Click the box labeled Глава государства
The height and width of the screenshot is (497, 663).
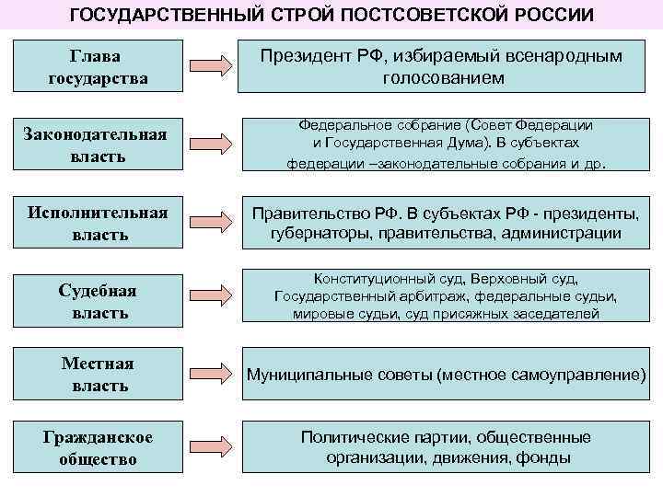tap(98, 67)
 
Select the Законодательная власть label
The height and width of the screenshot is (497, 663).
tap(98, 145)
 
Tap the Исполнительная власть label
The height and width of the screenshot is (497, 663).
tap(98, 224)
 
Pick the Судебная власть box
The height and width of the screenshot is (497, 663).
tap(98, 302)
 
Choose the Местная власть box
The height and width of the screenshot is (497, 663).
tap(98, 375)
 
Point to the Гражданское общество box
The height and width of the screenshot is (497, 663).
tap(98, 447)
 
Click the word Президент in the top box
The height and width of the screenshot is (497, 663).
tap(299, 57)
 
